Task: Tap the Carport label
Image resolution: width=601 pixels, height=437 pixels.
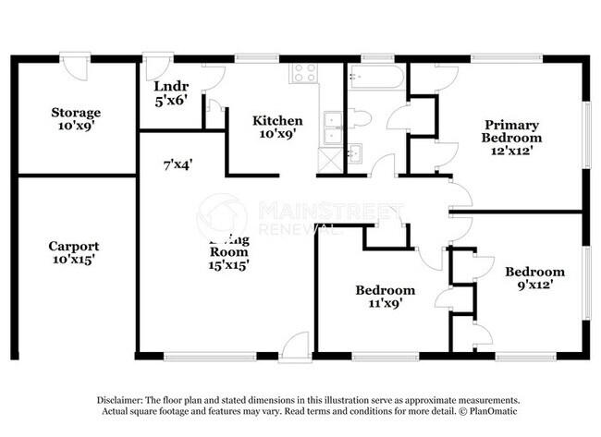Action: [75, 247]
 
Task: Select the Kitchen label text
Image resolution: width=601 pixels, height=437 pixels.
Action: [277, 120]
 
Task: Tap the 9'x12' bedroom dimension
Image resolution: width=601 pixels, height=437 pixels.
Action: [534, 285]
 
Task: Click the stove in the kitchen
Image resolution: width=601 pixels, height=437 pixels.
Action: [303, 75]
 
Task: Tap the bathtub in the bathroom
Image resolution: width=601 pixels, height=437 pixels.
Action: [376, 78]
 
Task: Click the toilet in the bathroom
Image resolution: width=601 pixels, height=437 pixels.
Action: [360, 117]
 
